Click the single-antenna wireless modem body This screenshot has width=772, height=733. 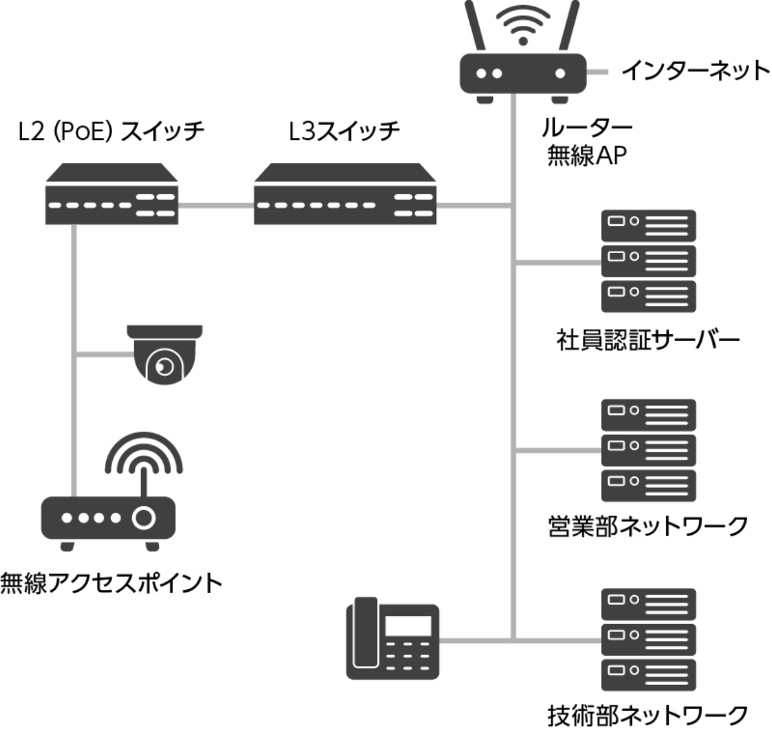(108, 518)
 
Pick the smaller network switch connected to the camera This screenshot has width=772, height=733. (112, 196)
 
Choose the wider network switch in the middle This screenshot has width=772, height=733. (345, 196)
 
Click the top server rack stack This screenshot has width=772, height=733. (649, 261)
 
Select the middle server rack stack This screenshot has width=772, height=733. (649, 450)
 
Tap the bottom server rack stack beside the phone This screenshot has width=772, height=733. (649, 639)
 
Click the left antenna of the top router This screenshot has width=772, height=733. (475, 25)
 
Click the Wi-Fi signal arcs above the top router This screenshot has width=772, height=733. (523, 22)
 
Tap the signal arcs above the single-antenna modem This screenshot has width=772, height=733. (144, 453)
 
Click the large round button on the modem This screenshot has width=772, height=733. (144, 518)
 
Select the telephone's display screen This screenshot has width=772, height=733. (408, 625)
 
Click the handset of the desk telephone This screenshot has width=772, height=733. (364, 633)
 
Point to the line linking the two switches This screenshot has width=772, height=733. (216, 206)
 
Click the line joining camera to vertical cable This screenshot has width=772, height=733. (105, 355)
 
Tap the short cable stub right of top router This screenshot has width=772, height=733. (598, 73)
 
